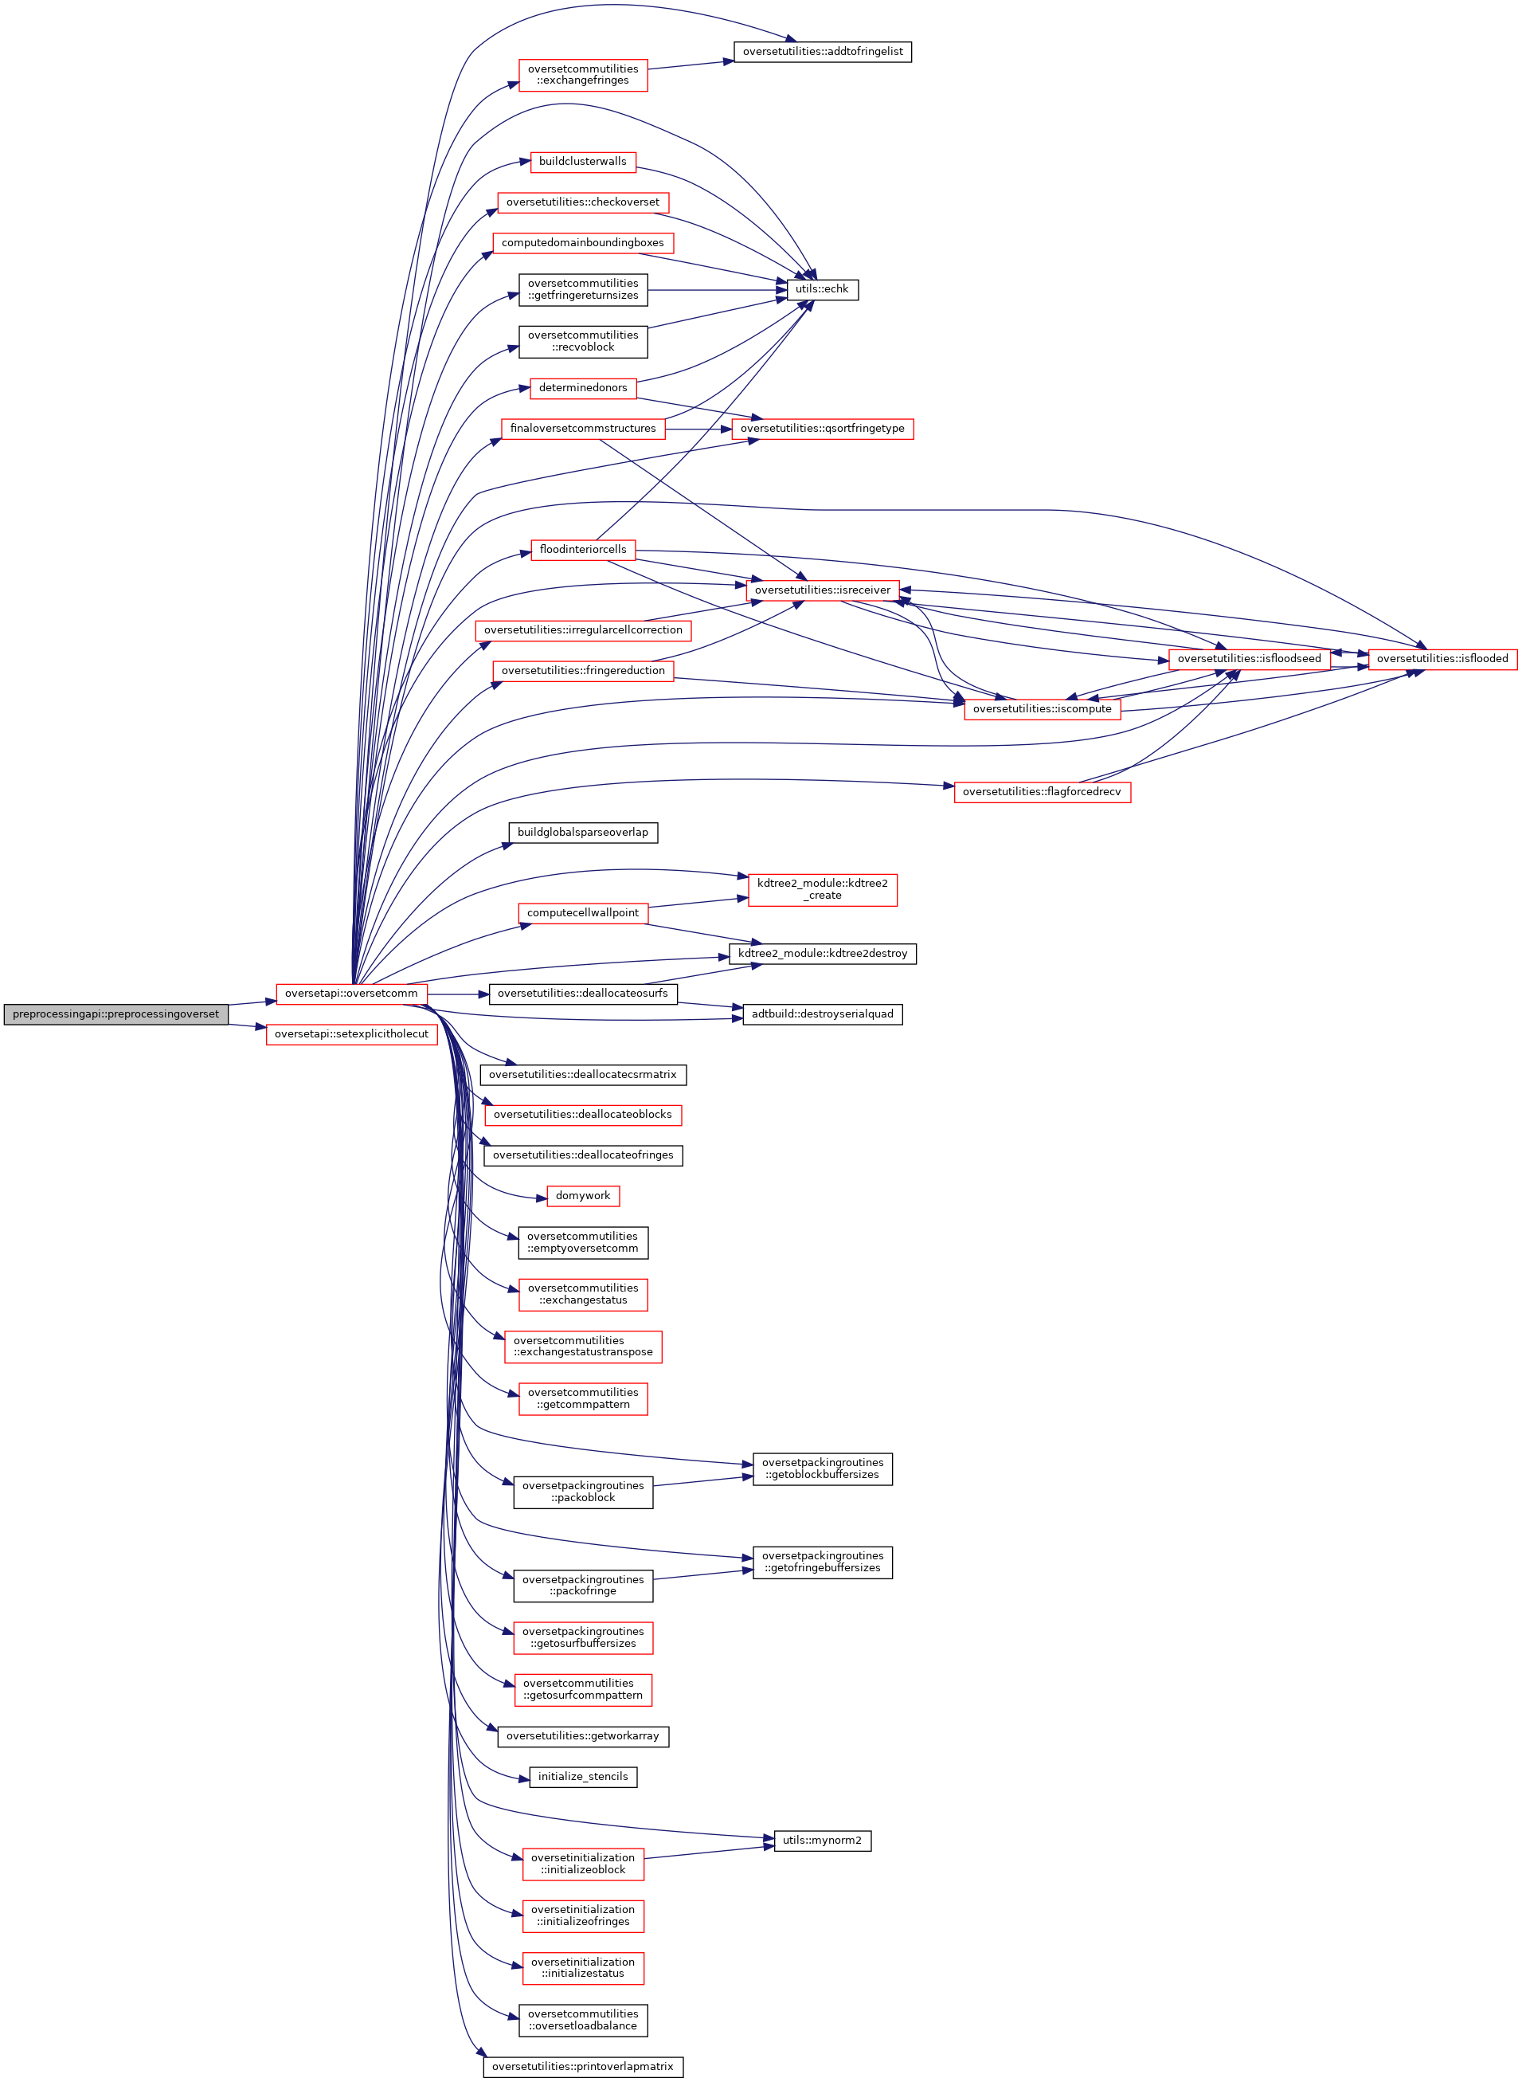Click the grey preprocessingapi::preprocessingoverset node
[x=116, y=1014]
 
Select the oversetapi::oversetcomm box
[x=351, y=994]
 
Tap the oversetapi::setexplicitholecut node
[x=351, y=1034]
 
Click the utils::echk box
[x=822, y=289]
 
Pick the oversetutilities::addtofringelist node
[x=822, y=52]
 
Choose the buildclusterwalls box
[x=582, y=161]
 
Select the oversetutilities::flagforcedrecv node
[x=1041, y=792]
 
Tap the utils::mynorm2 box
[x=822, y=1841]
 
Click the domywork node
[x=582, y=1195]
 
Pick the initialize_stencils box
[x=582, y=1776]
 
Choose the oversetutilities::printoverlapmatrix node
[x=582, y=2066]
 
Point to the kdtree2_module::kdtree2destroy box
[x=822, y=953]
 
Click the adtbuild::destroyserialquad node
[x=822, y=1014]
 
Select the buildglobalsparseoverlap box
[x=582, y=833]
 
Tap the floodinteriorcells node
[x=582, y=549]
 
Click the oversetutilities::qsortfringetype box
[x=822, y=429]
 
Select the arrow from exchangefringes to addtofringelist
[x=691, y=65]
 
